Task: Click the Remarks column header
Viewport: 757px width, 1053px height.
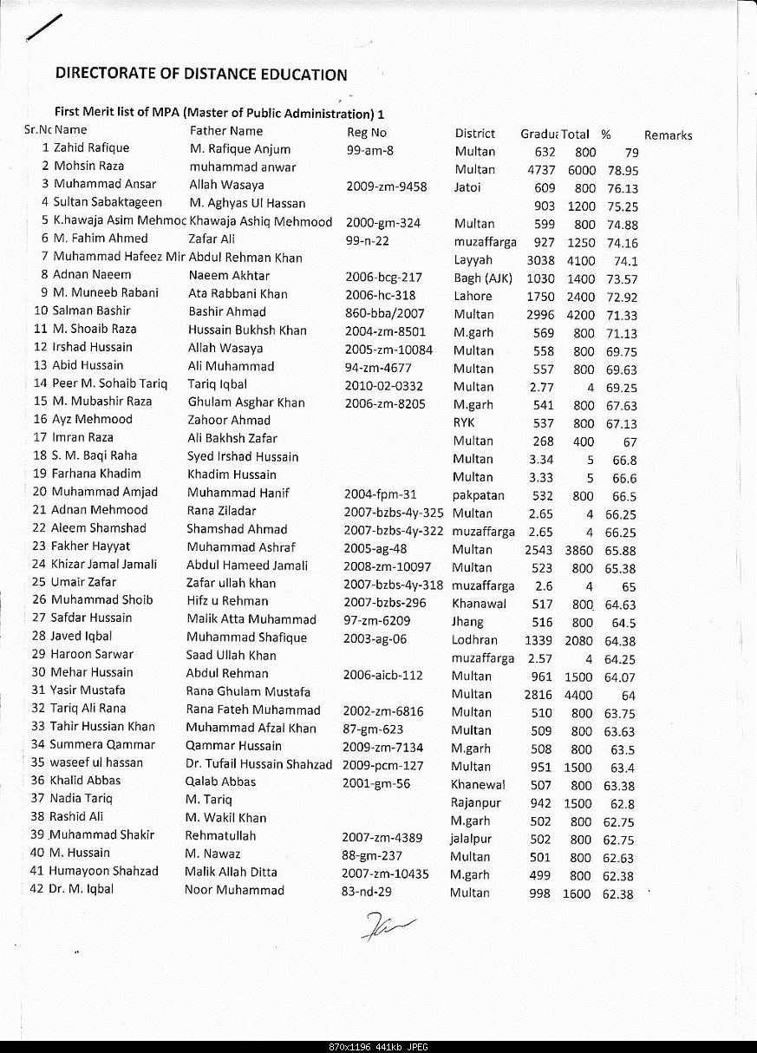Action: (668, 135)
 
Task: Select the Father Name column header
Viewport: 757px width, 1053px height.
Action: (226, 131)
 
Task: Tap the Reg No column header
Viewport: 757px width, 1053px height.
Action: (367, 133)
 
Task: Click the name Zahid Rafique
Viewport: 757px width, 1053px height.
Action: (91, 148)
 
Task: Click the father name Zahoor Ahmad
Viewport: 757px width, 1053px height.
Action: (229, 421)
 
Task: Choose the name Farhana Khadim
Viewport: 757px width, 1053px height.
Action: (96, 474)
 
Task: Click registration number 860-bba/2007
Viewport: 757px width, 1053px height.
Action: (385, 313)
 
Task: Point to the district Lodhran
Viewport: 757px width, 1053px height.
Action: (474, 640)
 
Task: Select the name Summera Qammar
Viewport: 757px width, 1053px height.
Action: (102, 744)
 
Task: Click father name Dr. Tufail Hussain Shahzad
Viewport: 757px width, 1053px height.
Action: (258, 764)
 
